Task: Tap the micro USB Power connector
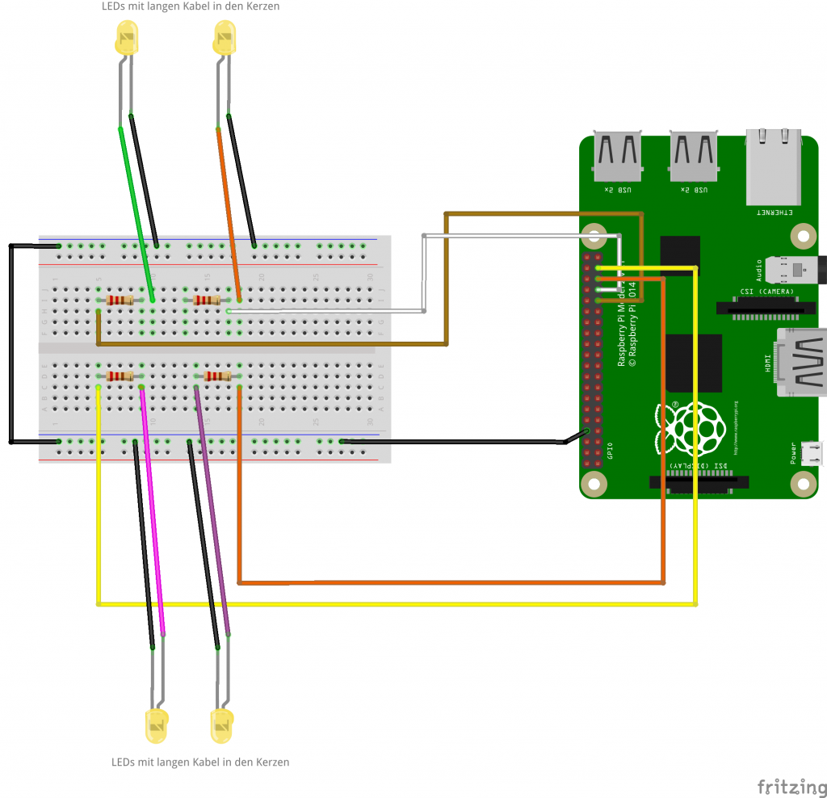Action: pyautogui.click(x=812, y=453)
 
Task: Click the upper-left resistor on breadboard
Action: pyautogui.click(x=120, y=300)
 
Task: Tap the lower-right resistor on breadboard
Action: pyautogui.click(x=218, y=376)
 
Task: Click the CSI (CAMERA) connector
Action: pyautogui.click(x=756, y=307)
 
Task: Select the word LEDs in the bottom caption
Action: pyautogui.click(x=124, y=762)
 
